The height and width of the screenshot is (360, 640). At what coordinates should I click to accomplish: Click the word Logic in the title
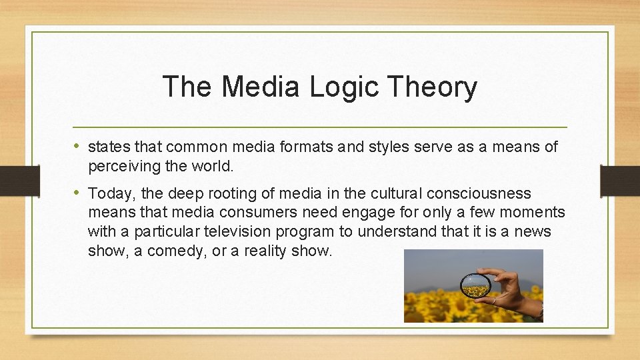point(345,87)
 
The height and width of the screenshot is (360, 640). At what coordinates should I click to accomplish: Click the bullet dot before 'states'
point(78,146)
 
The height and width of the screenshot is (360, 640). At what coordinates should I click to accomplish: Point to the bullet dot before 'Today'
point(78,193)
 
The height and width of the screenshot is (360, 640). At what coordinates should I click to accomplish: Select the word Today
point(108,194)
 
